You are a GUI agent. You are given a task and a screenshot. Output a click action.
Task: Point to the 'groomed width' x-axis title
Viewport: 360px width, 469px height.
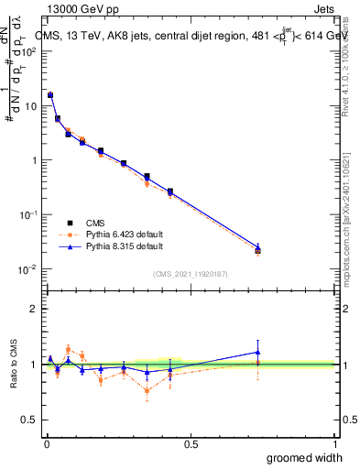click(x=304, y=457)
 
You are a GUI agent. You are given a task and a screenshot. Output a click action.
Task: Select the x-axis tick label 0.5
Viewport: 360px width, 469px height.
click(x=191, y=442)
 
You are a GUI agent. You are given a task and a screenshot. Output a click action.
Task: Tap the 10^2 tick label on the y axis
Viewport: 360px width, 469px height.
click(x=27, y=51)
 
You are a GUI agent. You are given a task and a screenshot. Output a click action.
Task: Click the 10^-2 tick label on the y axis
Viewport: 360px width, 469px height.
click(x=27, y=269)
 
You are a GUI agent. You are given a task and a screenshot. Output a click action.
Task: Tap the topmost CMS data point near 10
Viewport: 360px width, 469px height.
click(x=50, y=95)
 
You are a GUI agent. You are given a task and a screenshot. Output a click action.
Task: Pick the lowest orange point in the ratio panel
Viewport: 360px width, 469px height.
click(x=147, y=391)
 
